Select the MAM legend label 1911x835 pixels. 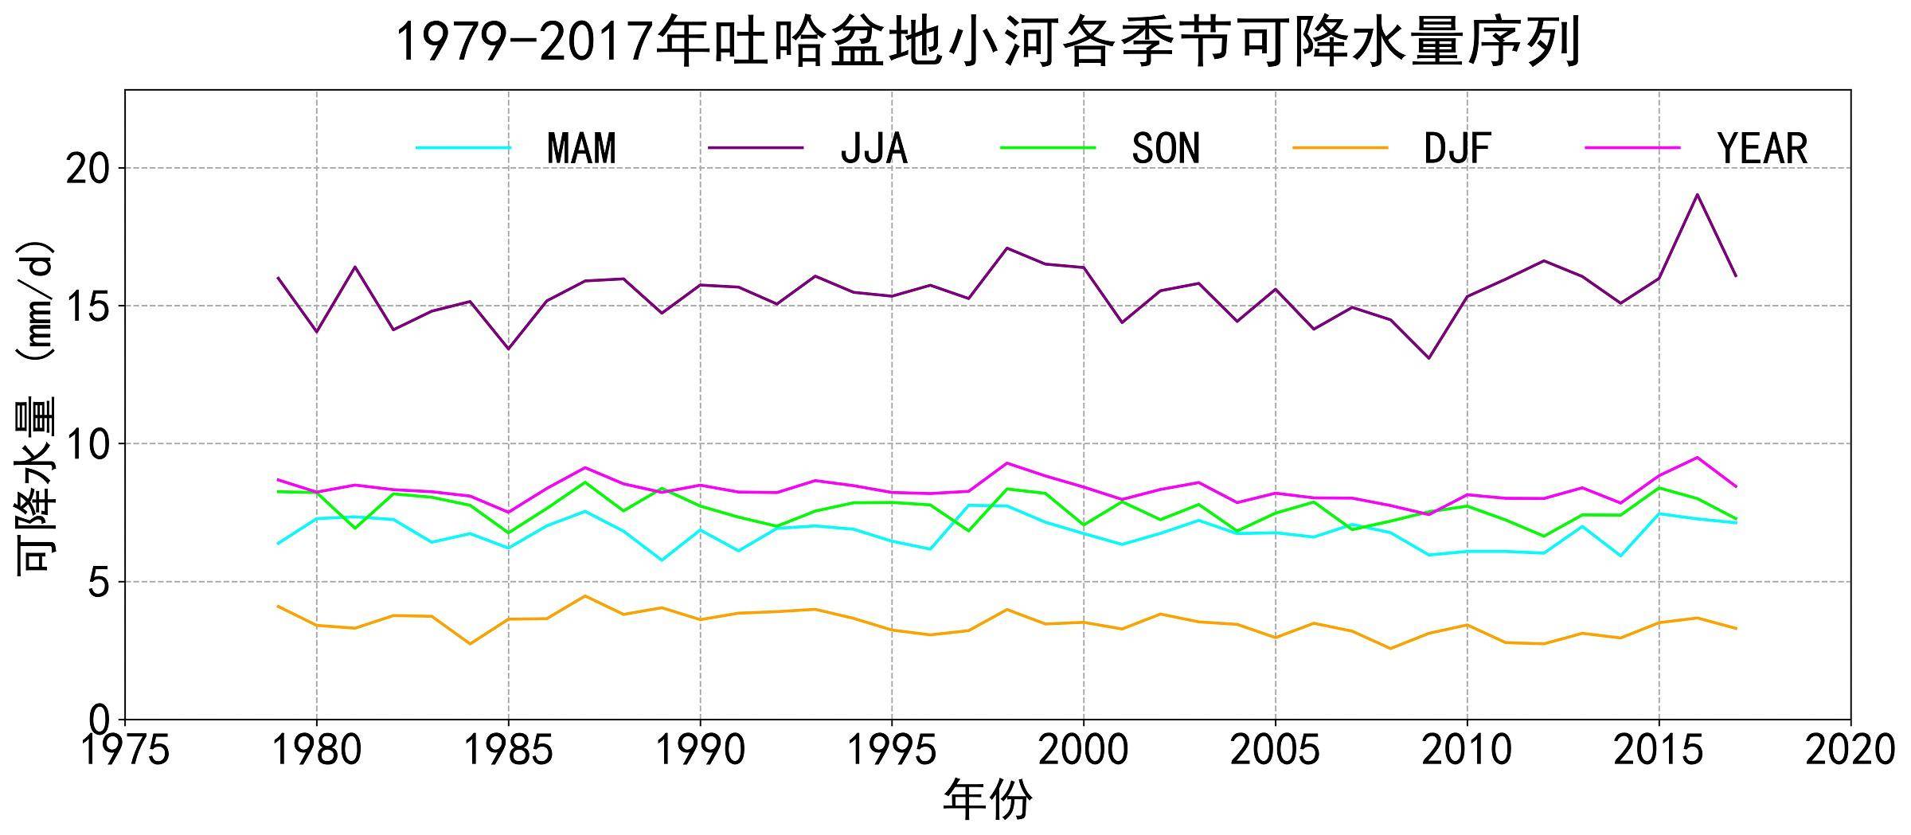(581, 149)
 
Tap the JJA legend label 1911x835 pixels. (873, 149)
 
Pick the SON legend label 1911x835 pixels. (1166, 149)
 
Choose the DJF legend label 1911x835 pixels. (1457, 149)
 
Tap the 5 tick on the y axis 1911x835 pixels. (99, 583)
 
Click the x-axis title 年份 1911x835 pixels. (987, 800)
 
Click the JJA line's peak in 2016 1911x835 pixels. (1697, 194)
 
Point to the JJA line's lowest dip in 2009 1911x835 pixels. (1429, 358)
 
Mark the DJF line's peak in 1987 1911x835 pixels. (585, 595)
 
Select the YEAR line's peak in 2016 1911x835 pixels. (1697, 457)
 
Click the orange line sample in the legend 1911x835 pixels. (1340, 148)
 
